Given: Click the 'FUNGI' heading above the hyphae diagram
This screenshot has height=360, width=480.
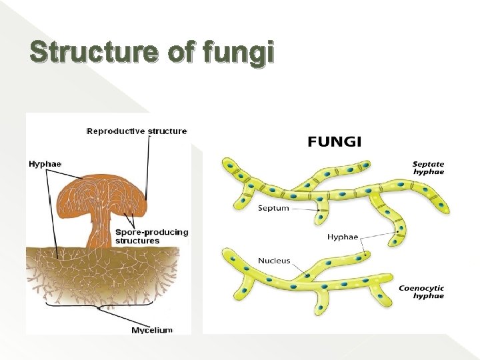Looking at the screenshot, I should [x=334, y=141].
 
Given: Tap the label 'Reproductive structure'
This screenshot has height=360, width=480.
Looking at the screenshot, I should [x=137, y=131].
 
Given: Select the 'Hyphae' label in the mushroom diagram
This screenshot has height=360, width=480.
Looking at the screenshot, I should [x=45, y=163].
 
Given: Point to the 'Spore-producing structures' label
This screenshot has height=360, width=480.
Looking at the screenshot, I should [x=151, y=236].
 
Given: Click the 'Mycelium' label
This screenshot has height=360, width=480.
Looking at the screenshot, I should [x=152, y=330].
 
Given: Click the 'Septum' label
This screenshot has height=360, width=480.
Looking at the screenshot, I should [x=273, y=208].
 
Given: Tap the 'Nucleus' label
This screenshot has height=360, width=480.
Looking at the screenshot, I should [x=274, y=261].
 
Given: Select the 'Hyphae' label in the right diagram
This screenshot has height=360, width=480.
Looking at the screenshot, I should [x=343, y=237].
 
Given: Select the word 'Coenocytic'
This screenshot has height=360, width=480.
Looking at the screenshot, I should [x=421, y=288].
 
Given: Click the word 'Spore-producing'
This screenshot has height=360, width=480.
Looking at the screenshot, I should [x=151, y=232].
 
